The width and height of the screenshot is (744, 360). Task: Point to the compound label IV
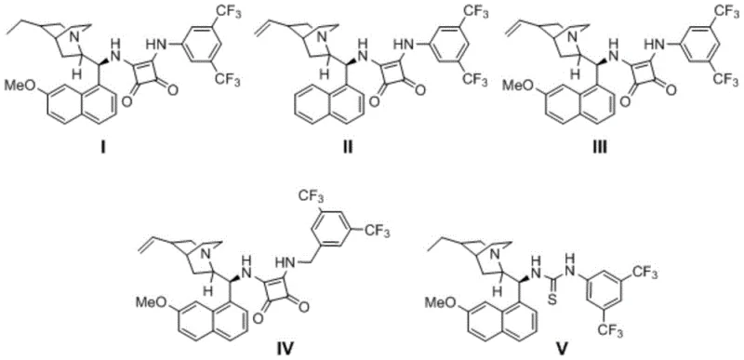(x=258, y=349)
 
